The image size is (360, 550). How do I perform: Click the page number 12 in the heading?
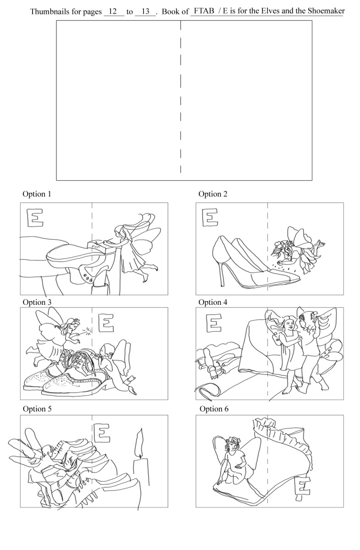[x=112, y=11]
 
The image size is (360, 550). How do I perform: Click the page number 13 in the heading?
[x=145, y=11]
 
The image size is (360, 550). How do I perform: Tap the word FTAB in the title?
[x=204, y=11]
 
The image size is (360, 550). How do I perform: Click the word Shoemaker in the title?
[x=326, y=11]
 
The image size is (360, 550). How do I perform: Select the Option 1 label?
[x=37, y=194]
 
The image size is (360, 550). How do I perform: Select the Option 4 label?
[x=213, y=302]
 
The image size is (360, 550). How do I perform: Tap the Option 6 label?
[x=214, y=409]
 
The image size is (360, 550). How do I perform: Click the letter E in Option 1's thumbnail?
[x=35, y=218]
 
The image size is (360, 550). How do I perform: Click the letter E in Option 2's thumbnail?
[x=210, y=217]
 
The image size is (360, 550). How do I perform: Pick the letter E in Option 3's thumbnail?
[x=106, y=323]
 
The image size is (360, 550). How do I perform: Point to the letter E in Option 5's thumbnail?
[x=101, y=432]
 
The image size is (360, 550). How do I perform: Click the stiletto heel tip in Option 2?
[x=222, y=285]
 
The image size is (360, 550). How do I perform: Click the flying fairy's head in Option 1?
[x=120, y=232]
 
